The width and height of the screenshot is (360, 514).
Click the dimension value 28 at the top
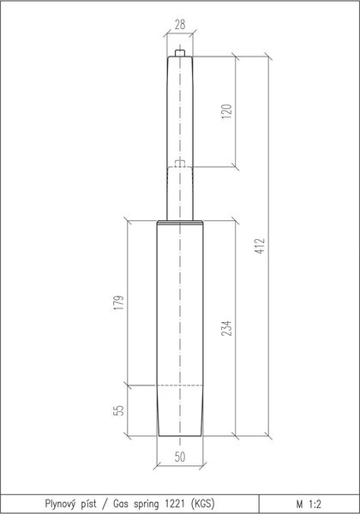[180, 25]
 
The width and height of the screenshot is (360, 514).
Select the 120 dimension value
[227, 111]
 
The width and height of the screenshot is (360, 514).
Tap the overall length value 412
[260, 246]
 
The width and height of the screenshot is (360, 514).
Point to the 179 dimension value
[120, 302]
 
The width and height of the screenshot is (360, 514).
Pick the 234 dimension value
[227, 328]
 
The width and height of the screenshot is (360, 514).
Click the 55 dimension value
[119, 410]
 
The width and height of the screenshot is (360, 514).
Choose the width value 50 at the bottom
[180, 457]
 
